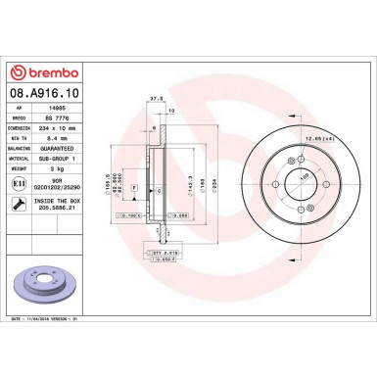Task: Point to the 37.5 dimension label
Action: coord(154,97)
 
